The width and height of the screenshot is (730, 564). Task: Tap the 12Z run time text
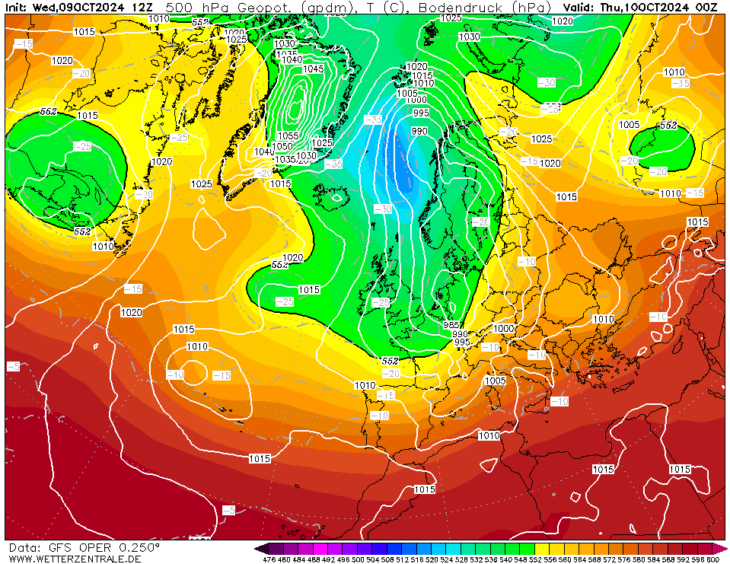[x=141, y=7]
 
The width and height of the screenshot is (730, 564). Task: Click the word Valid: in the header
[x=579, y=7]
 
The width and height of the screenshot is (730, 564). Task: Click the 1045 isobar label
[x=313, y=69]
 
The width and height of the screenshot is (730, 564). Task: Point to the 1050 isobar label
[x=282, y=146]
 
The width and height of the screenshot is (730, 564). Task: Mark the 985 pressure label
[x=451, y=325]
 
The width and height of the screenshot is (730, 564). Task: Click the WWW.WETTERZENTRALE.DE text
[x=75, y=559]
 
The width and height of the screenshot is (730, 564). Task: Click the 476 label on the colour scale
[x=268, y=559]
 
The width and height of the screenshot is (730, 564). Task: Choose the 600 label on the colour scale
[x=712, y=559]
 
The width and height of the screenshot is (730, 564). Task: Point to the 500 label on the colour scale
[x=357, y=559]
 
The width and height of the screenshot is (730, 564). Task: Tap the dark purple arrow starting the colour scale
[x=261, y=548]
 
